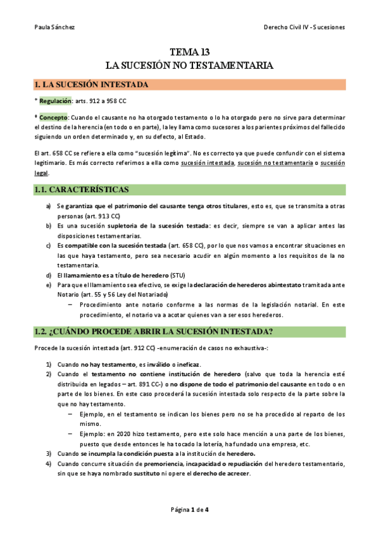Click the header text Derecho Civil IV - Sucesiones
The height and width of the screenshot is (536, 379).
coord(306,28)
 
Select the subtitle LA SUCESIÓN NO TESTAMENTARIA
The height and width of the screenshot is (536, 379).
coord(189,65)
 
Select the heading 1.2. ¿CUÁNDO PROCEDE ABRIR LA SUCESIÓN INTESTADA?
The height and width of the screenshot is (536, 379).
coord(154,331)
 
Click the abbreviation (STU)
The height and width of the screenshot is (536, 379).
coord(179,275)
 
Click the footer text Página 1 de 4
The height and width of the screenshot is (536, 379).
coord(189,510)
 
